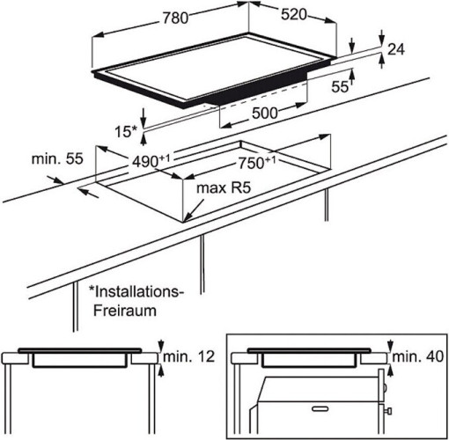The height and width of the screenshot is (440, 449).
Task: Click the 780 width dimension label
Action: point(175,18)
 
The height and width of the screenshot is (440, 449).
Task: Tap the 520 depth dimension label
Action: point(294,15)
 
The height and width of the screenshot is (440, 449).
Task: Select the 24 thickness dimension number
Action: point(396,49)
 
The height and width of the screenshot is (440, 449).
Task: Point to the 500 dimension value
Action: point(265,113)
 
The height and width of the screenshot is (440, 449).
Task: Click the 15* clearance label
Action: point(126,131)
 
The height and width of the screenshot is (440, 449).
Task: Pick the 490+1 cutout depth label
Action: point(151,161)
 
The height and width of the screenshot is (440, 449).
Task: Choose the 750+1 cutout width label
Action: point(257,163)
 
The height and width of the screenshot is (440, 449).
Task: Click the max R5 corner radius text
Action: point(224,187)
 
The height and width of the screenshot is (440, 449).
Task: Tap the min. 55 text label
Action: point(57,158)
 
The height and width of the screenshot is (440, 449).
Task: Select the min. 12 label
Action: point(189,356)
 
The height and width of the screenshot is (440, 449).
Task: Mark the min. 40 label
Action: point(418,356)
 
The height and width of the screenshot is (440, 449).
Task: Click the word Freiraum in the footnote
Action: point(125,311)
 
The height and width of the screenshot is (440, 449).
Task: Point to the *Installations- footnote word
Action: point(136,292)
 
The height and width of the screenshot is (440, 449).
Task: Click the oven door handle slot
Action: point(320,408)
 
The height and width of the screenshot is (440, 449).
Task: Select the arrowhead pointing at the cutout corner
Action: point(188,217)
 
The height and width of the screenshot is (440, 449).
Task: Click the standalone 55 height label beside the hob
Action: point(340,86)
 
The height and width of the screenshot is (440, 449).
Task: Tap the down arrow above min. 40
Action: point(390,346)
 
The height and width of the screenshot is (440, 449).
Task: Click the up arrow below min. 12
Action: point(160,370)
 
